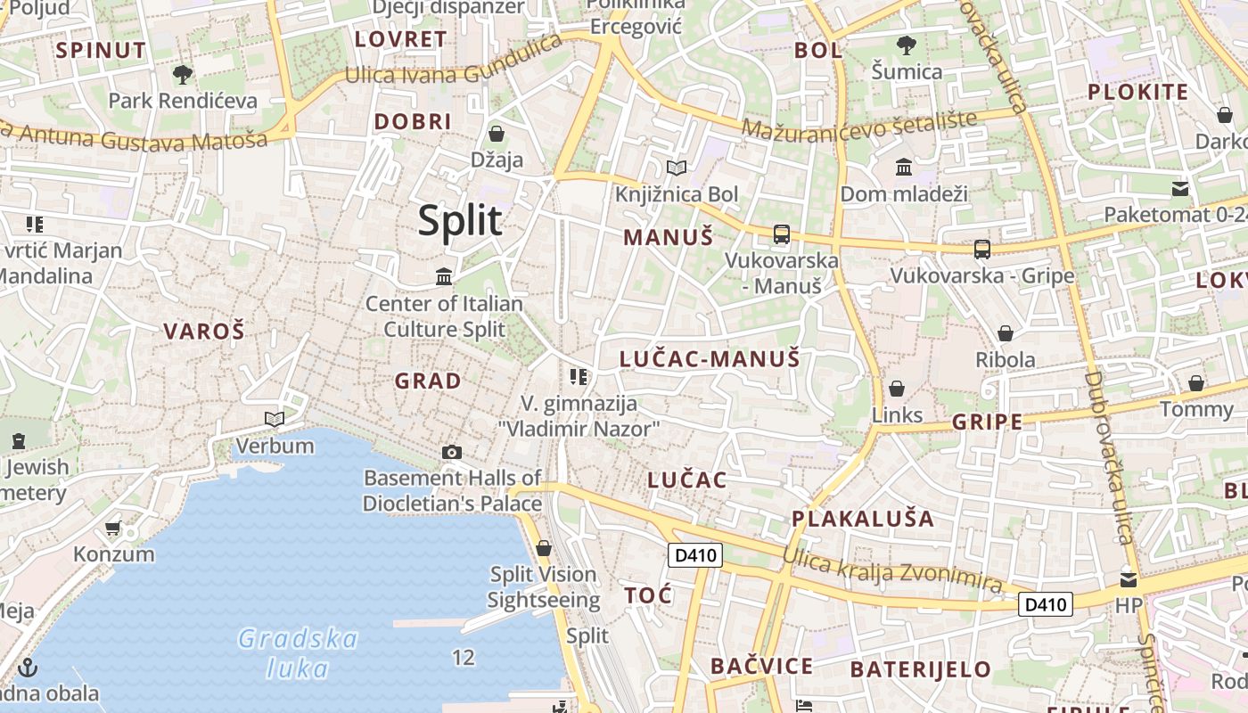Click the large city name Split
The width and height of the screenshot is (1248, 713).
(x=460, y=220)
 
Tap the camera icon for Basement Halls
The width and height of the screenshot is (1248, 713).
(x=452, y=452)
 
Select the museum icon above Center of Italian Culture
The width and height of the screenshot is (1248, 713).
(x=444, y=277)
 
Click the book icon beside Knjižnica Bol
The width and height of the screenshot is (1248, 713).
(x=677, y=168)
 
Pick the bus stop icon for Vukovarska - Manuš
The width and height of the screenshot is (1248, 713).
(x=782, y=234)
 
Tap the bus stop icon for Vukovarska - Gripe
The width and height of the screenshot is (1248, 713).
(x=982, y=249)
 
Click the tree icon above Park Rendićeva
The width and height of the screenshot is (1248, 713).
(x=183, y=75)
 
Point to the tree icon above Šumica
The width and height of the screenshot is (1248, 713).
(x=906, y=45)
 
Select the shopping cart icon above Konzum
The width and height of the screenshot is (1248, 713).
(x=113, y=529)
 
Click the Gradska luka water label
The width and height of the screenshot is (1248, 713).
(x=298, y=653)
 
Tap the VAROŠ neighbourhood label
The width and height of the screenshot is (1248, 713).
(x=203, y=332)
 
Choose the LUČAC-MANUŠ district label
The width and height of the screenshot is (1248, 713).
(x=710, y=359)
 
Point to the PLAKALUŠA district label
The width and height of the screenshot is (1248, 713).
(x=863, y=519)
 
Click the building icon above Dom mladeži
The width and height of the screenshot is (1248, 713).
(x=904, y=168)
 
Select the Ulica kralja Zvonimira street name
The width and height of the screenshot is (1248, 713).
(x=892, y=570)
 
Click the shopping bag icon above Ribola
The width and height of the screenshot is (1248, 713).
(x=1006, y=333)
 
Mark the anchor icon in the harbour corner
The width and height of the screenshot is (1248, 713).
(x=28, y=667)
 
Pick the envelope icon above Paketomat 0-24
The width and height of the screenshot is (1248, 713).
(x=1180, y=189)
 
